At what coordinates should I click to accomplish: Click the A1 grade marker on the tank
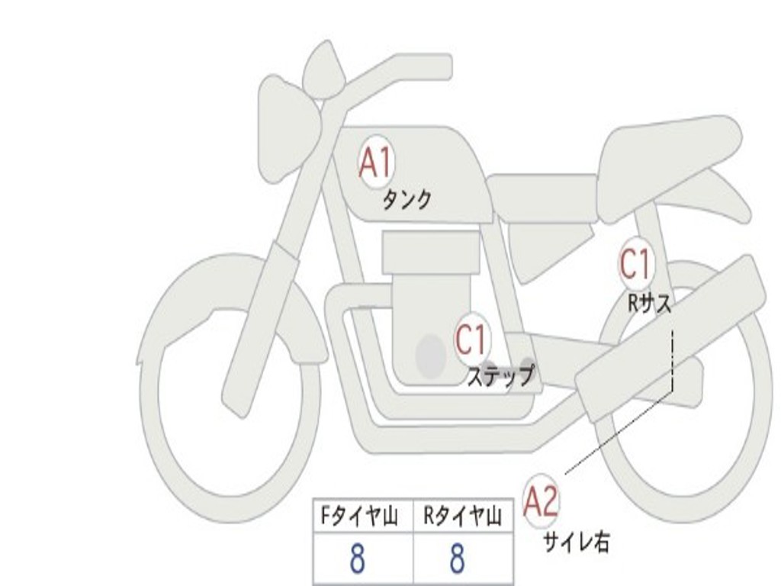376,163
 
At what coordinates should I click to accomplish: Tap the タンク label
407,200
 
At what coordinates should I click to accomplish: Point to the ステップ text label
500,376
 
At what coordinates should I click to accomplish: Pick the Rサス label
650,304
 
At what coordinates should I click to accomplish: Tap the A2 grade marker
542,501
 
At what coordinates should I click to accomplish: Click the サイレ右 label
576,543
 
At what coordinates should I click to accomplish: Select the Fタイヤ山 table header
358,517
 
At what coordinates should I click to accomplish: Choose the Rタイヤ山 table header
462,517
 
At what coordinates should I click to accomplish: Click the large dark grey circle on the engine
431,355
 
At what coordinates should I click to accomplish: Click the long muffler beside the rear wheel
671,336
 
